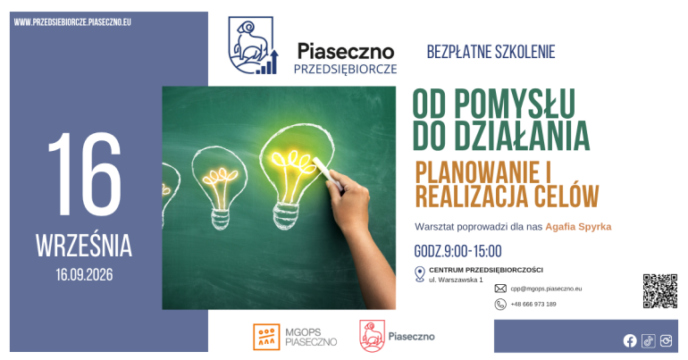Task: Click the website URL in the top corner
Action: coord(72,22)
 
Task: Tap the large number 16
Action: coord(84,173)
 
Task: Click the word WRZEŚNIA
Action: coord(84,246)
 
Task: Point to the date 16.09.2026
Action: coord(84,275)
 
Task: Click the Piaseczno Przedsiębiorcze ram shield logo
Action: coord(253,46)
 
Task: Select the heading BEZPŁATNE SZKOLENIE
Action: coord(491,52)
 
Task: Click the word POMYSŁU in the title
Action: coord(515,104)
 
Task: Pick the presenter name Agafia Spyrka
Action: coord(578,227)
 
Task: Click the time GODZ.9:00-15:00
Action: coord(457,251)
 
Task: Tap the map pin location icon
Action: coord(419,274)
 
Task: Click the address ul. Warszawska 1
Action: coord(456,280)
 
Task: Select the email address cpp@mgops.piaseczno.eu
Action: coord(546,289)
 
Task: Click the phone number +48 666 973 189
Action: coord(533,304)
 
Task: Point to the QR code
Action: coord(660,291)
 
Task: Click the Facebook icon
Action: coord(630,340)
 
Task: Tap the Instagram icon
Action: coord(666,340)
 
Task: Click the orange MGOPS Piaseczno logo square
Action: coord(266,337)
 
